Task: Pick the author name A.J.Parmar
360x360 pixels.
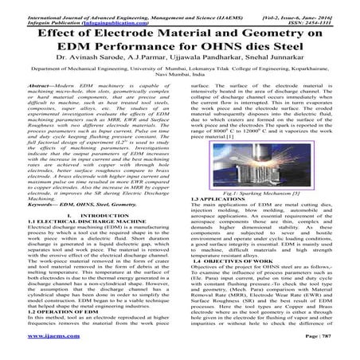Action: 153,70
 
